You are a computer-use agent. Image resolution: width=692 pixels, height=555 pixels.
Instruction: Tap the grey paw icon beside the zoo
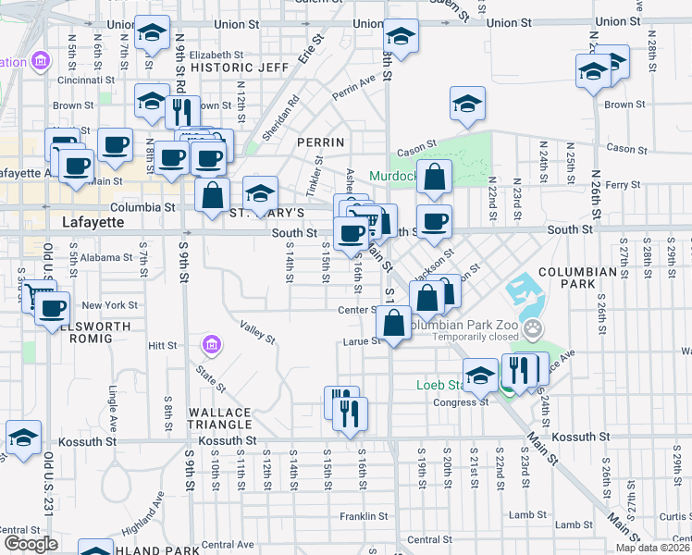coord(533,327)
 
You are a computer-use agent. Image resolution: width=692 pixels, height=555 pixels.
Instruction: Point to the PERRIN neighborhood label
coord(320,142)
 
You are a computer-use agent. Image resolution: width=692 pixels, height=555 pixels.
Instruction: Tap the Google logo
coord(30,544)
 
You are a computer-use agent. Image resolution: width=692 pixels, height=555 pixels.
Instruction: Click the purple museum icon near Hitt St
coord(212,345)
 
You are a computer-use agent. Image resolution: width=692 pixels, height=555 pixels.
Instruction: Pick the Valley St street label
coord(257,333)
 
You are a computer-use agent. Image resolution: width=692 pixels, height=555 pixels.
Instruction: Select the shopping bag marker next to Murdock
coord(435,176)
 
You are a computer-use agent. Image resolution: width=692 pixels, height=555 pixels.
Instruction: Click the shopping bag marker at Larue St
coord(394,323)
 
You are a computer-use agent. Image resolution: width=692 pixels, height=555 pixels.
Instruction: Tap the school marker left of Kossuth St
coord(23,438)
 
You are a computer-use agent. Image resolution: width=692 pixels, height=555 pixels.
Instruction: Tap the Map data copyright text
coord(653,548)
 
